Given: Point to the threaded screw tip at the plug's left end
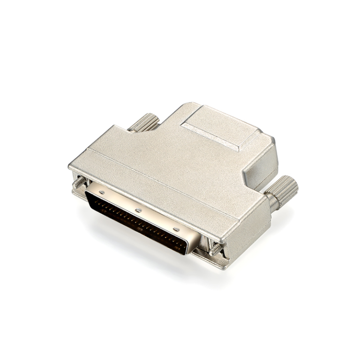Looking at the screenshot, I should (79, 181).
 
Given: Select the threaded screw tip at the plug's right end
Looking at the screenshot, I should (215, 249).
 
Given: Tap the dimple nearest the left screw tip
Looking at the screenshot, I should (102, 193).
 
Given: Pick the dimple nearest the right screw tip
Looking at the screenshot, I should (176, 230).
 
